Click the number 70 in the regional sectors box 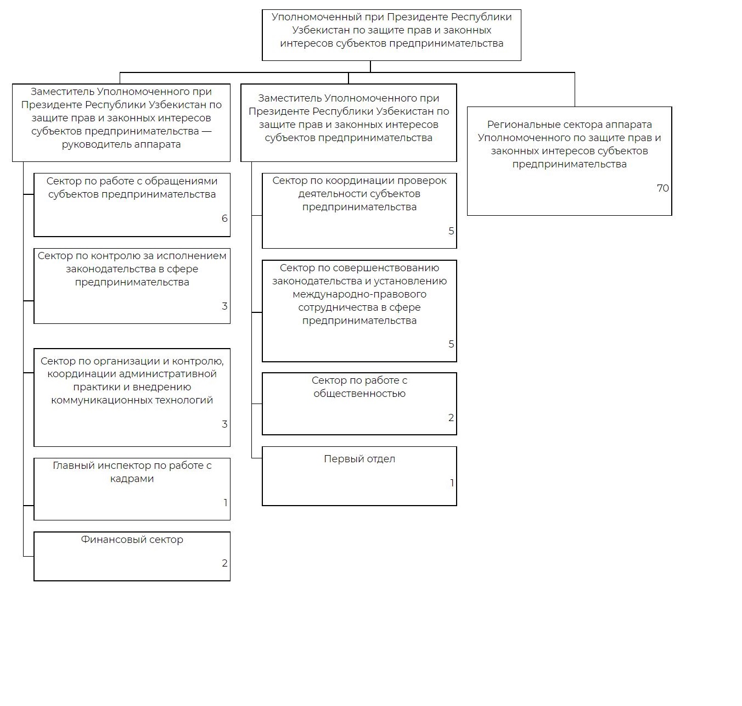(x=662, y=188)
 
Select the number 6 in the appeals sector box (x=224, y=218)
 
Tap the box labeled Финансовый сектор (x=132, y=556)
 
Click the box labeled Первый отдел (x=359, y=476)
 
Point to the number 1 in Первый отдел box (x=452, y=483)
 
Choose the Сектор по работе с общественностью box (x=359, y=404)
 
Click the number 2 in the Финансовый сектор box (x=224, y=563)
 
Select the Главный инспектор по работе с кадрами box (x=132, y=489)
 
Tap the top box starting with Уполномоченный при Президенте (x=391, y=35)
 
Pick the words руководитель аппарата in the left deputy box (x=121, y=144)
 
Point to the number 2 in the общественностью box (x=451, y=418)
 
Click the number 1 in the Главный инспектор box (x=225, y=503)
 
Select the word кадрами (x=132, y=479)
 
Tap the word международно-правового (x=359, y=294)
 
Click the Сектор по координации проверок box (x=359, y=211)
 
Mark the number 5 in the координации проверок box (x=451, y=231)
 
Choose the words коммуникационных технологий (x=132, y=400)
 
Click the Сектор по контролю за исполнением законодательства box (x=132, y=285)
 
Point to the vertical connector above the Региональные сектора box (x=575, y=89)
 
